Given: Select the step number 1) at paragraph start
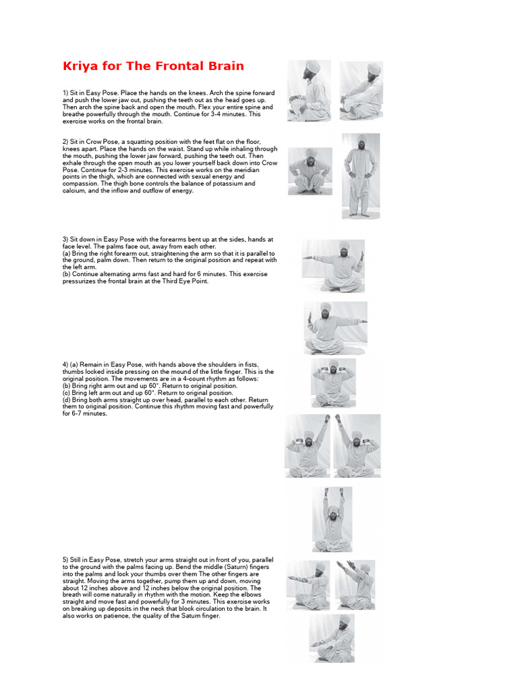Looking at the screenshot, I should (66, 90).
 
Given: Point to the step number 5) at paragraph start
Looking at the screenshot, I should (66, 560).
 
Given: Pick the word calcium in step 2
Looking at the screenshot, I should (74, 190).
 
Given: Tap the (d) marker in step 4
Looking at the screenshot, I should (66, 399).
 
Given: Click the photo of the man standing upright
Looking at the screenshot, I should (360, 175).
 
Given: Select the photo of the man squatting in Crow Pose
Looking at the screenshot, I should (310, 171).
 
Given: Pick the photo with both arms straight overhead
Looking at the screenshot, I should (331, 518).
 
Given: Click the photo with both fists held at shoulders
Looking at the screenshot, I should (333, 383).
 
